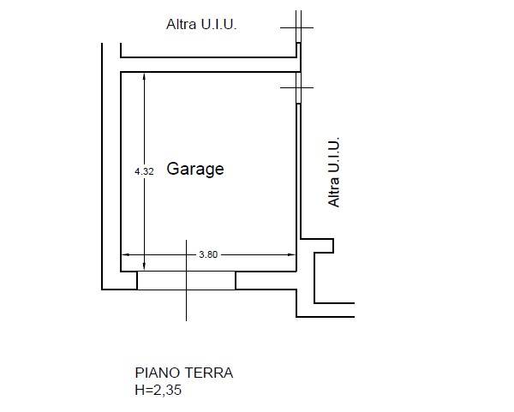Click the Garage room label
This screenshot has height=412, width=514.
click(x=195, y=170)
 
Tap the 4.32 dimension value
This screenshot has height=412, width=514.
click(x=144, y=171)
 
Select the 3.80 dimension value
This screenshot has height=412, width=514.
click(x=208, y=254)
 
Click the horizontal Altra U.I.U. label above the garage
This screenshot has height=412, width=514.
click(x=201, y=24)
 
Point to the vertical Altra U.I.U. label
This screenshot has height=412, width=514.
click(x=334, y=172)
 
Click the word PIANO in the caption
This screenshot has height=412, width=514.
click(x=158, y=373)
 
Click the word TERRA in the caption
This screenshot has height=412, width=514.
click(x=208, y=373)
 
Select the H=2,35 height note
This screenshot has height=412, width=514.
click(x=158, y=390)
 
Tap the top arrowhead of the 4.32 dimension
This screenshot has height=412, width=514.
click(x=144, y=77)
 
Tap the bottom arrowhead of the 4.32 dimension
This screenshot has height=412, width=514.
click(x=144, y=266)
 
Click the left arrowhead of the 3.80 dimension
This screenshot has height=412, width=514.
click(x=126, y=254)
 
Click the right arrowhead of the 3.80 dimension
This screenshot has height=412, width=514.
click(x=291, y=254)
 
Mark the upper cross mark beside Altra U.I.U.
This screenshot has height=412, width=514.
click(x=298, y=28)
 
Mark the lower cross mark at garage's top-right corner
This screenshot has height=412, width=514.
click(x=298, y=87)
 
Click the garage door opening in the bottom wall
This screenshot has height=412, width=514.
click(x=186, y=281)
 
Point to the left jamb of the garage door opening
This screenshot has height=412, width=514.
click(x=137, y=281)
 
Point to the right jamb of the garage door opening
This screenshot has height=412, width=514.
click(x=236, y=281)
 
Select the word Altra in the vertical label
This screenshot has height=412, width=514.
click(x=334, y=193)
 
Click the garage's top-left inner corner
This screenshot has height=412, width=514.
click(x=121, y=72)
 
